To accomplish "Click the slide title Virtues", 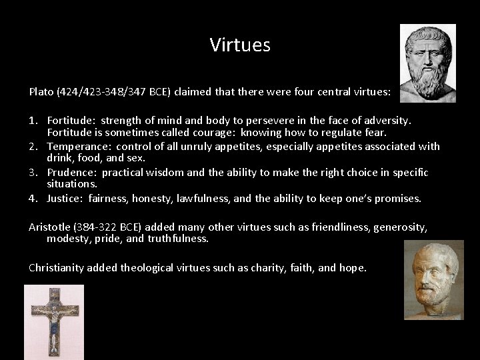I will pyautogui.click(x=240, y=45).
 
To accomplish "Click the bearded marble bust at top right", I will pyautogui.click(x=427, y=63).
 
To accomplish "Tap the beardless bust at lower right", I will pyautogui.click(x=433, y=280).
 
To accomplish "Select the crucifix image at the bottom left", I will pyautogui.click(x=54, y=322).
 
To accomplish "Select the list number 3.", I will pyautogui.click(x=33, y=172).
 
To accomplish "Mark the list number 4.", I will pyautogui.click(x=33, y=198).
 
